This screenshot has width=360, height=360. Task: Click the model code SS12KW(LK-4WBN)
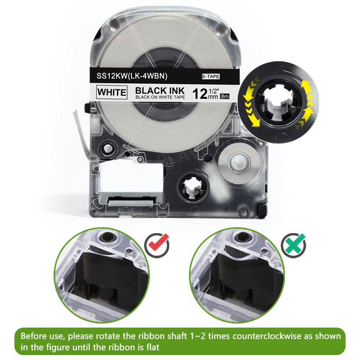tap(132, 76)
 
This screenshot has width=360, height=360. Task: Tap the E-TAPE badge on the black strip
tap(211, 76)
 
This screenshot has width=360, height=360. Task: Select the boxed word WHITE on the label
tap(112, 92)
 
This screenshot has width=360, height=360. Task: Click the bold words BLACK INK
tap(160, 90)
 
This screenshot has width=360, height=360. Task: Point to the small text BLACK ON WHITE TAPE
tap(160, 97)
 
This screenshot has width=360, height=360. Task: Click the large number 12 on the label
tap(200, 94)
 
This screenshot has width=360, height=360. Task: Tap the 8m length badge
tap(225, 96)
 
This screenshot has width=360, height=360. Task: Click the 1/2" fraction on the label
tap(213, 91)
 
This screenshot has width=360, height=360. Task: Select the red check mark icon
tap(159, 242)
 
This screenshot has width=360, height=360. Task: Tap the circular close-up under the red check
tap(102, 275)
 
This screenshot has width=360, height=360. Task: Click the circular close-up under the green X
tap(237, 275)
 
